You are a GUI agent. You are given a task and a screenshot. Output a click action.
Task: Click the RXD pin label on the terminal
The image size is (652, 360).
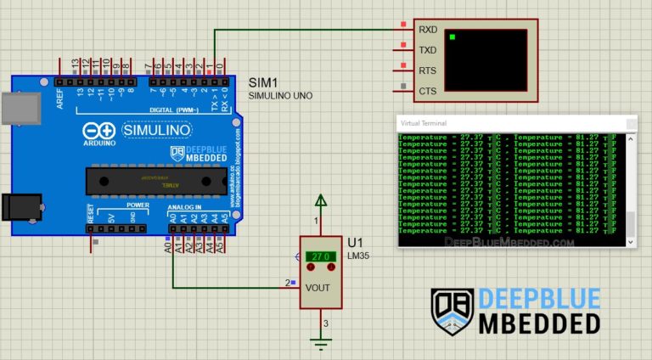[428, 29]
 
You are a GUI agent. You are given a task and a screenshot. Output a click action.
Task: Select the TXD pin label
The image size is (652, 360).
[428, 49]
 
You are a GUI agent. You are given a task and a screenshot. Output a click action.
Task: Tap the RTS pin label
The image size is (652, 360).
[428, 70]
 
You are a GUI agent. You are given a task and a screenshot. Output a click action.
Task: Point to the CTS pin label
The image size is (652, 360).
[428, 91]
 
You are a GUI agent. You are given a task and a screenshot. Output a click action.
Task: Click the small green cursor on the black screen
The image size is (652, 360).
[453, 37]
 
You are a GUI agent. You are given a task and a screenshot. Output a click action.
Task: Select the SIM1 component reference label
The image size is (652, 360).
[263, 82]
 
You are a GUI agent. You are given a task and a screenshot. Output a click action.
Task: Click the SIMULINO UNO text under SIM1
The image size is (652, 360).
[280, 96]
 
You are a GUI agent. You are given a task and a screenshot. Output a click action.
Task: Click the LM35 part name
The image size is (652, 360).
[360, 255]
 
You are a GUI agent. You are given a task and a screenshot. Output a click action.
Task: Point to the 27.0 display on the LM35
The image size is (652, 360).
[319, 256]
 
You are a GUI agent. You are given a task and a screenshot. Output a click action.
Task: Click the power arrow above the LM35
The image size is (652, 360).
[320, 200]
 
